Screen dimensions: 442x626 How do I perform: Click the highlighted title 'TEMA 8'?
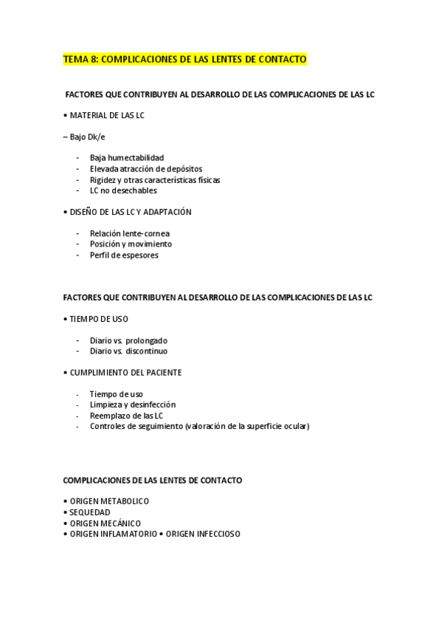point(79,59)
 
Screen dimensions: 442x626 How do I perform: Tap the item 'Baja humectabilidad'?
point(126,158)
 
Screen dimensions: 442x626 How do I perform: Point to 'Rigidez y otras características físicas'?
point(154,179)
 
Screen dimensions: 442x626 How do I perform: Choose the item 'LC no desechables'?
point(123,190)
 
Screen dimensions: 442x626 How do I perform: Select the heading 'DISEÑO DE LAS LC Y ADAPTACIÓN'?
point(131,212)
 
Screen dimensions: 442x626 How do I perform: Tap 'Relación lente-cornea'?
point(129,233)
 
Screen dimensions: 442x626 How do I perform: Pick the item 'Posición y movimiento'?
point(131,244)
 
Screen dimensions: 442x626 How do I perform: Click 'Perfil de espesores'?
point(124,255)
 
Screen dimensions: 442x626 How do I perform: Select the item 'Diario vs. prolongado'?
point(128,340)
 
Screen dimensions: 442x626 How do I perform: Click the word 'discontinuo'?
point(151,351)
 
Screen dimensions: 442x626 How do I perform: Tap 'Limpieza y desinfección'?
point(132,405)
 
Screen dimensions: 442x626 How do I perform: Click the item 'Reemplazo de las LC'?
point(126,416)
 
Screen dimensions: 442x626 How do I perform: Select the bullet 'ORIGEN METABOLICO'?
point(108,501)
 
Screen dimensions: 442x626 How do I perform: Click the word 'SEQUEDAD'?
point(89,512)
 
